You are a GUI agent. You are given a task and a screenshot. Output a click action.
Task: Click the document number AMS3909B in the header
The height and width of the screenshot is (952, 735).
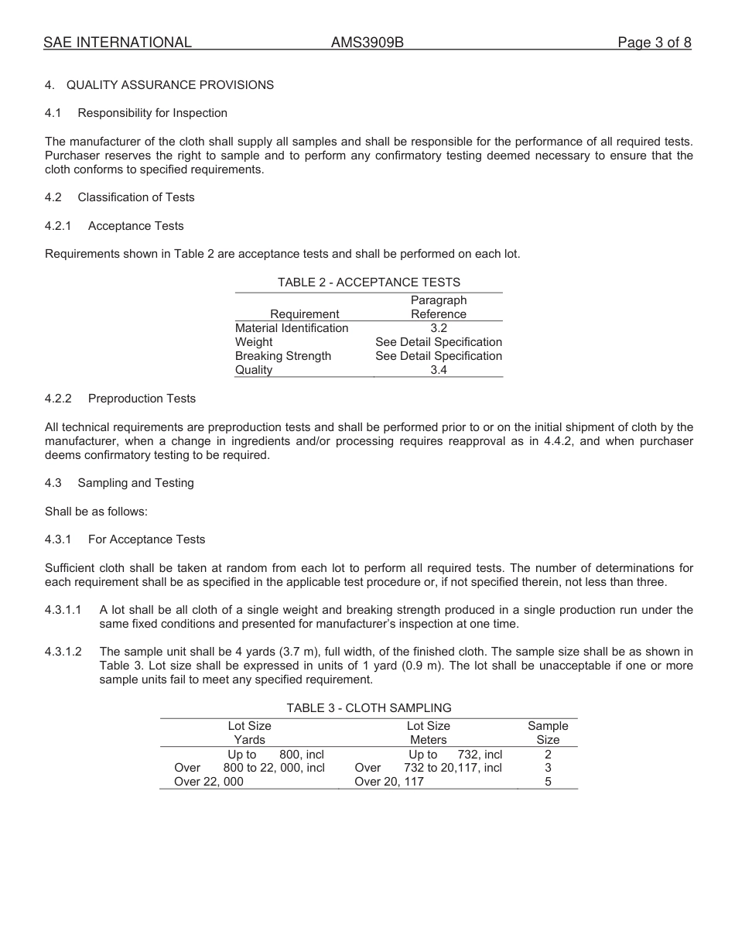click(x=367, y=43)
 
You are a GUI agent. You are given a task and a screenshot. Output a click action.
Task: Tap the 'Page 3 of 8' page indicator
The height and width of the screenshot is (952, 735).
click(x=654, y=43)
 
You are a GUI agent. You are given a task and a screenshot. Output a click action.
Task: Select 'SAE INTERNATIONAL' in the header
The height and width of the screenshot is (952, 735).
click(x=118, y=43)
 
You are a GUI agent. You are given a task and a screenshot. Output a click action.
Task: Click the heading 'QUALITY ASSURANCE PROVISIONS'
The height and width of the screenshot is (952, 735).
click(x=170, y=85)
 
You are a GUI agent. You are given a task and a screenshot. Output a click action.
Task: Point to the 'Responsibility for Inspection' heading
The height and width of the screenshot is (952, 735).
click(x=152, y=113)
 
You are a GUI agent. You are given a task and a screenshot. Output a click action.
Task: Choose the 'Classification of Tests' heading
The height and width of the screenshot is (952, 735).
click(x=136, y=197)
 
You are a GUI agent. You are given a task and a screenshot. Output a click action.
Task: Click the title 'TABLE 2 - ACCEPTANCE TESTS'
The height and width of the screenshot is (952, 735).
click(x=368, y=283)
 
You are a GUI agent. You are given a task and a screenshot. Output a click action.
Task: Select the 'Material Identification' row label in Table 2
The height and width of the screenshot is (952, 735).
click(x=292, y=328)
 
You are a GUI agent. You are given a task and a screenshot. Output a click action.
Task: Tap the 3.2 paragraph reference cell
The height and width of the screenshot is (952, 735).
click(x=439, y=328)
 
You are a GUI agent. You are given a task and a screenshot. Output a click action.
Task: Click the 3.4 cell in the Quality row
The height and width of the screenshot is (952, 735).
click(x=439, y=370)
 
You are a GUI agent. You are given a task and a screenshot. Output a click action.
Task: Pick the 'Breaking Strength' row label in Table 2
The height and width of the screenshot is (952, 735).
click(x=283, y=356)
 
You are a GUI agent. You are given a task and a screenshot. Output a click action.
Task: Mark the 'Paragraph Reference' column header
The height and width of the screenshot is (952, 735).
click(x=439, y=307)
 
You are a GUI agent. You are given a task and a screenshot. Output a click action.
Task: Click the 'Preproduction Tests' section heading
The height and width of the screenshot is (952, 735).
click(x=142, y=399)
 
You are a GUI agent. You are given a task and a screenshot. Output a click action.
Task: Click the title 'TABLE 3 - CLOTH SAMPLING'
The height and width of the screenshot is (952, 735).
click(x=369, y=708)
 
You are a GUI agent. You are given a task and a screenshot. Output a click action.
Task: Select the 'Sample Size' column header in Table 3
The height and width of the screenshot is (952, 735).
click(x=548, y=733)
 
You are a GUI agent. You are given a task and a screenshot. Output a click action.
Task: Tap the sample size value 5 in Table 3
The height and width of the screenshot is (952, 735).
click(x=548, y=782)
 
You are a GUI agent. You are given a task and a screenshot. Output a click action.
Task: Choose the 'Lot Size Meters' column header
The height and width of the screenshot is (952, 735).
click(x=429, y=733)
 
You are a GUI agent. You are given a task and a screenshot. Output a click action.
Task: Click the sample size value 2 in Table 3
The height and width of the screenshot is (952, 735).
click(x=548, y=754)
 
